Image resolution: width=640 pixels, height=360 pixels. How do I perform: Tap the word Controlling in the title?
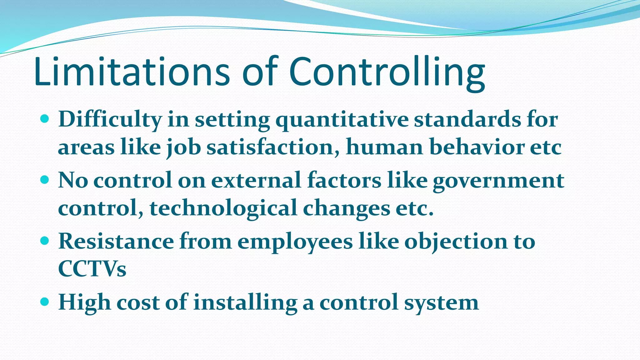387,72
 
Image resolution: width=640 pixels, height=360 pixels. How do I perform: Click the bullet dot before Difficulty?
45,119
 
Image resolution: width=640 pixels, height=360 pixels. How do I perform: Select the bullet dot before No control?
45,180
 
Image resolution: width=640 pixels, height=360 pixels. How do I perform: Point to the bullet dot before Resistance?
45,241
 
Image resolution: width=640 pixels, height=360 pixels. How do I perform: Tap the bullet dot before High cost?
45,302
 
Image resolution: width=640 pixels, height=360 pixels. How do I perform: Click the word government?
498,181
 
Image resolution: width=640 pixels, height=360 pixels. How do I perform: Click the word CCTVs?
92,269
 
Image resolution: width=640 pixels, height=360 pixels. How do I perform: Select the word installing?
245,303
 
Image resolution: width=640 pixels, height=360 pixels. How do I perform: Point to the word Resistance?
116,241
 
